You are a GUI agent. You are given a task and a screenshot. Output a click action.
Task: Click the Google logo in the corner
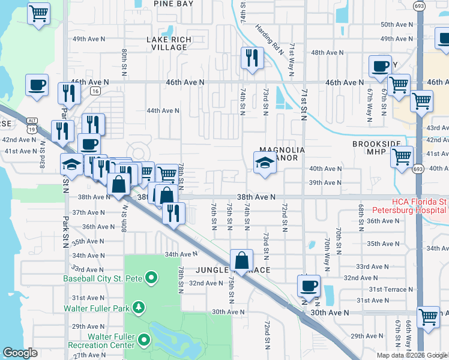(x=20, y=353)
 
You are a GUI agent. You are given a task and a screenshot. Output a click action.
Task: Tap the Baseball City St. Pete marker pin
(x=151, y=278)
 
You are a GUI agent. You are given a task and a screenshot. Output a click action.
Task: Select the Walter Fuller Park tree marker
(x=139, y=308)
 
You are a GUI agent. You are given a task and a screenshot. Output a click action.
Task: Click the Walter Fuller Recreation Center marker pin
(x=143, y=341)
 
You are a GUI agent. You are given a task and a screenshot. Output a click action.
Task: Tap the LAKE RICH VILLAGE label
(x=169, y=43)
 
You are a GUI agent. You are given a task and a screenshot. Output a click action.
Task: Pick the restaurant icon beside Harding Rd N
(x=252, y=58)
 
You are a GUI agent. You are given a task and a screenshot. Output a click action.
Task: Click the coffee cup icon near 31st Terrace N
(x=309, y=286)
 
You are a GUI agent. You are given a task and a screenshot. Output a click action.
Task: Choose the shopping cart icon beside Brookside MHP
(x=402, y=158)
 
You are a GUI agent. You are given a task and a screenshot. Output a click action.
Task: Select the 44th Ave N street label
(x=163, y=110)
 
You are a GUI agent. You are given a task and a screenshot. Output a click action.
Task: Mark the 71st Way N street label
(x=292, y=58)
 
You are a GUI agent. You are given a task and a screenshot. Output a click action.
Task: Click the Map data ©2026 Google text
(x=412, y=355)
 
